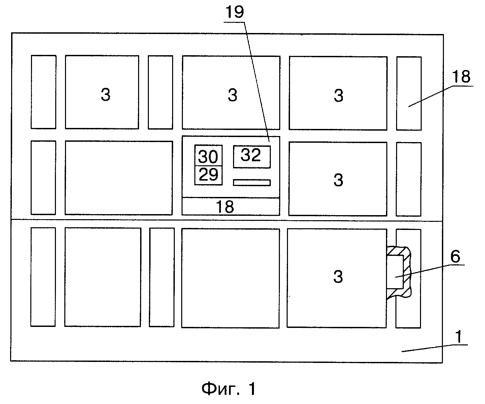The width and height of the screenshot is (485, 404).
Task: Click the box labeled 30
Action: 208,155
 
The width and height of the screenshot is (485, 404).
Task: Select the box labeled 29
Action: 208,175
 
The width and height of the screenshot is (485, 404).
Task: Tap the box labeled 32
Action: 252,157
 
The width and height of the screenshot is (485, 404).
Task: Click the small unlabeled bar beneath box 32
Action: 252,182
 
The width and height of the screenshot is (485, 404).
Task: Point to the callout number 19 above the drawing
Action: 235,12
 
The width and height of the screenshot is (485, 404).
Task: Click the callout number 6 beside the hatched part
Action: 455,257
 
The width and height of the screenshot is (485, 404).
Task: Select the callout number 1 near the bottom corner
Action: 458,337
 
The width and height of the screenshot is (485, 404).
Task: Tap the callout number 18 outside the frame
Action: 461,76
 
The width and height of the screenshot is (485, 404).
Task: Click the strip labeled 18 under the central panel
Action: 231,206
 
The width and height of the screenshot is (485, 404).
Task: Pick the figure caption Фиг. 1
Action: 229,389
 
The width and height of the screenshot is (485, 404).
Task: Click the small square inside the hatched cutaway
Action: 395,272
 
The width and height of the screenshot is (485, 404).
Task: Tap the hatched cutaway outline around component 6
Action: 407,272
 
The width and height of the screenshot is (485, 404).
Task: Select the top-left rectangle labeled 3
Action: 102,92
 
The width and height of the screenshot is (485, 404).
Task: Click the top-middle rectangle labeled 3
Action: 231,93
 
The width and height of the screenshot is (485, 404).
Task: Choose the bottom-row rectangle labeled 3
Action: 337,278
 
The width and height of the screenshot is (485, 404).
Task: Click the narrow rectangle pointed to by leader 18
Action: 409,93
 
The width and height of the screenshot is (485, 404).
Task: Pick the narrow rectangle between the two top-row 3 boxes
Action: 161,92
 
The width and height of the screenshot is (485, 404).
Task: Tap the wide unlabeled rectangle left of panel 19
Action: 119,178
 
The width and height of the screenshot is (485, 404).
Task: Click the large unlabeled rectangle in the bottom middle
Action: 230,278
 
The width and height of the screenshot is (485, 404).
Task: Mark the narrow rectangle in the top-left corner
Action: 43,92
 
